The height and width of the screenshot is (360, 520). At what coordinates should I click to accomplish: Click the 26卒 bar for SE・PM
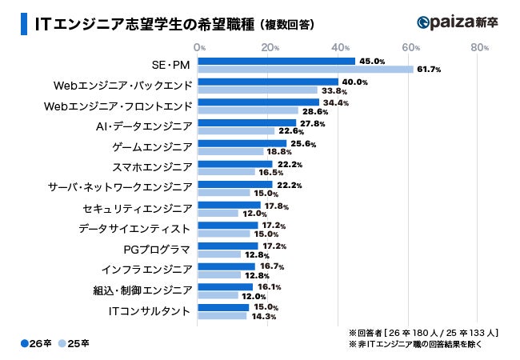pyautogui.click(x=276, y=61)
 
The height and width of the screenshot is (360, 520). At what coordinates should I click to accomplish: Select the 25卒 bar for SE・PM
pyautogui.click(x=305, y=70)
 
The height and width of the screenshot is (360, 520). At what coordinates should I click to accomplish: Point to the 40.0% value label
pyautogui.click(x=354, y=82)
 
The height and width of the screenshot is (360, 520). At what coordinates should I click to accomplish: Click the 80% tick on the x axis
pyautogui.click(x=480, y=47)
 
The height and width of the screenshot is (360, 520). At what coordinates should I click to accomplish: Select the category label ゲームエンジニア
pyautogui.click(x=152, y=147)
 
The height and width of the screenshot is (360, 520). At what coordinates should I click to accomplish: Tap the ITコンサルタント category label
pyautogui.click(x=150, y=311)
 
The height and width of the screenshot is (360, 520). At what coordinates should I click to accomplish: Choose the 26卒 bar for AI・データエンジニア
pyautogui.click(x=246, y=122)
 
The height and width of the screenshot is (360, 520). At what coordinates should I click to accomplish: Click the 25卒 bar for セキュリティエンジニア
pyautogui.click(x=218, y=214)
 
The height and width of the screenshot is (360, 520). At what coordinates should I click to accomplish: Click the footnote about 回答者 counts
pyautogui.click(x=423, y=330)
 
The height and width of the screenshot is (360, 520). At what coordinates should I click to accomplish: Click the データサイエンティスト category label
pyautogui.click(x=135, y=229)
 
